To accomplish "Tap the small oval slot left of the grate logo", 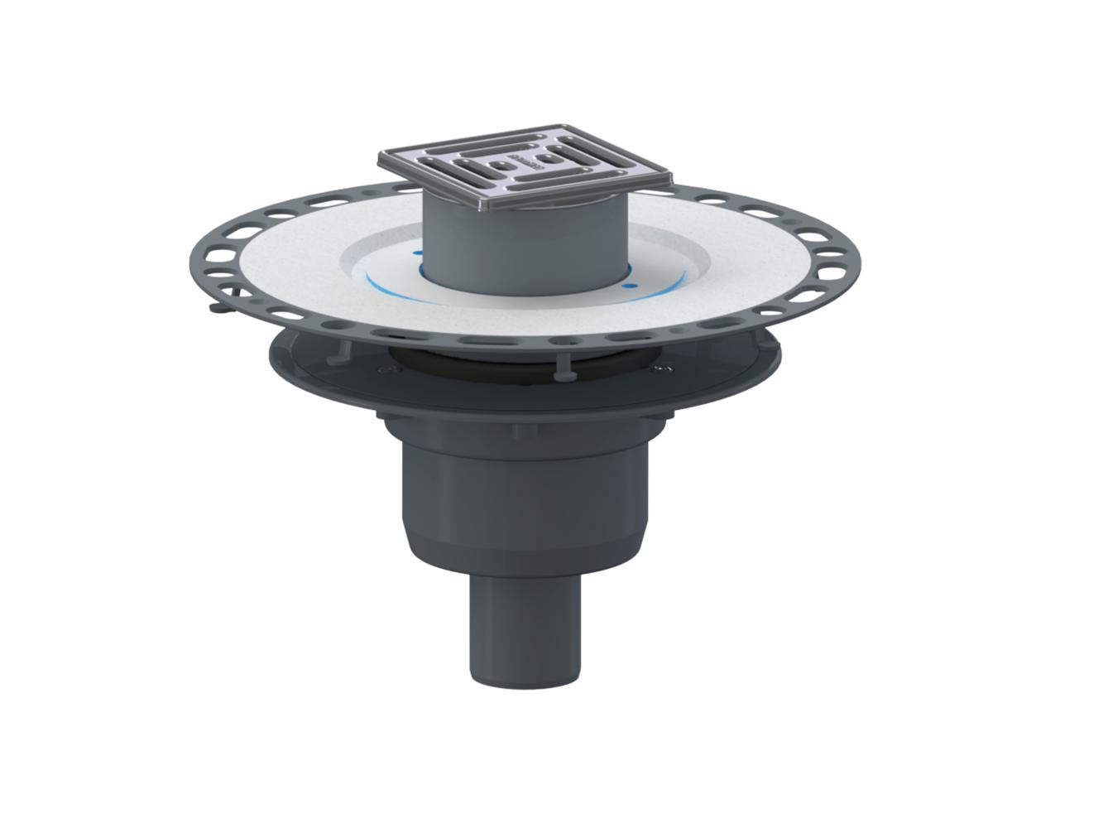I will coord(500,164).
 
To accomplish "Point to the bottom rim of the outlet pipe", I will coord(525,681).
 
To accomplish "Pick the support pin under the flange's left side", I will coord(340,351).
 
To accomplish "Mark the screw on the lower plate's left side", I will coord(381,370).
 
